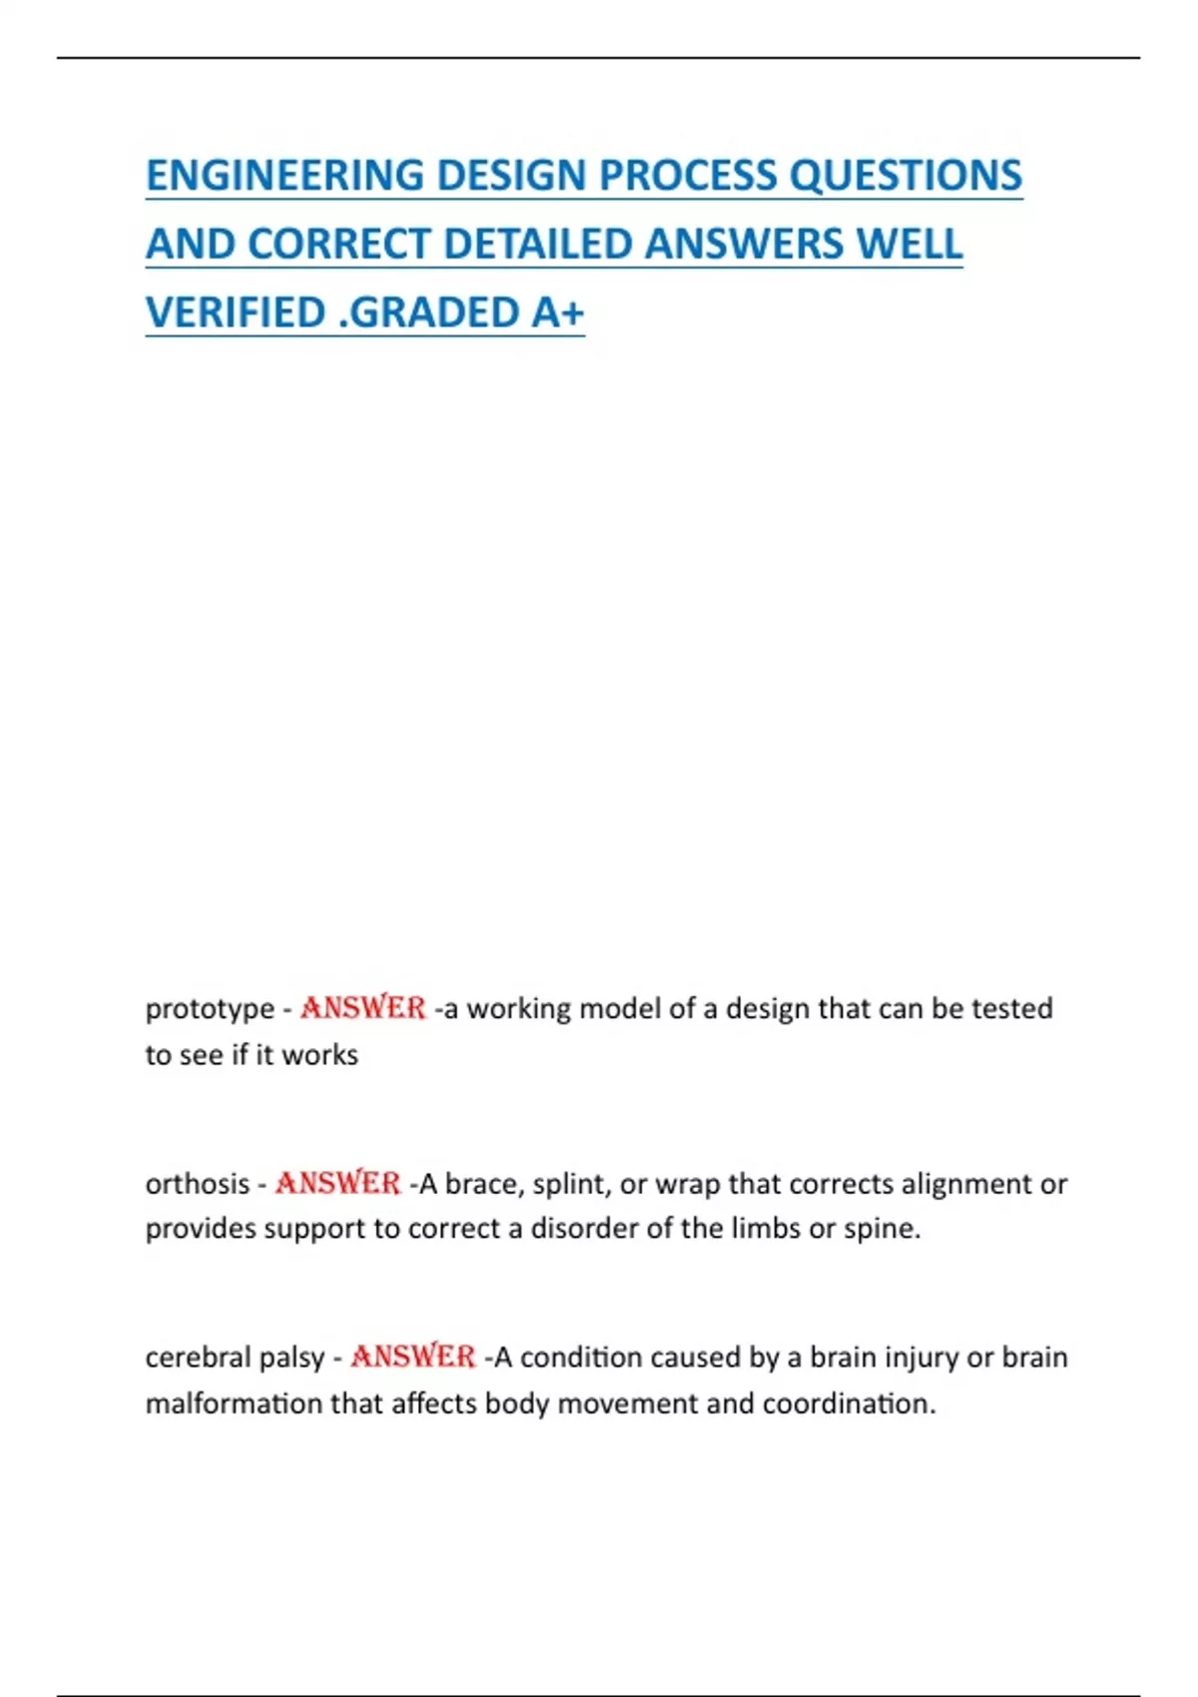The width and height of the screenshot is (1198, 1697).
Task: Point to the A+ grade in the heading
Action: pos(557,312)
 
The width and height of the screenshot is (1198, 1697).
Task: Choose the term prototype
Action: pos(210,1009)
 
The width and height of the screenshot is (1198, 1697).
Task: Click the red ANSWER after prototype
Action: pos(362,1008)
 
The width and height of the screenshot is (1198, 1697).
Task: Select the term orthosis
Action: pos(198,1184)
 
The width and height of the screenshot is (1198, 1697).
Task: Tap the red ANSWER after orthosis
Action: pos(337,1184)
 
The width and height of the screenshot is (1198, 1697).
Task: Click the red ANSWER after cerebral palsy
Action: pos(412,1358)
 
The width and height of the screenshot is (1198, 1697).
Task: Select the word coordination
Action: pos(849,1404)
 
